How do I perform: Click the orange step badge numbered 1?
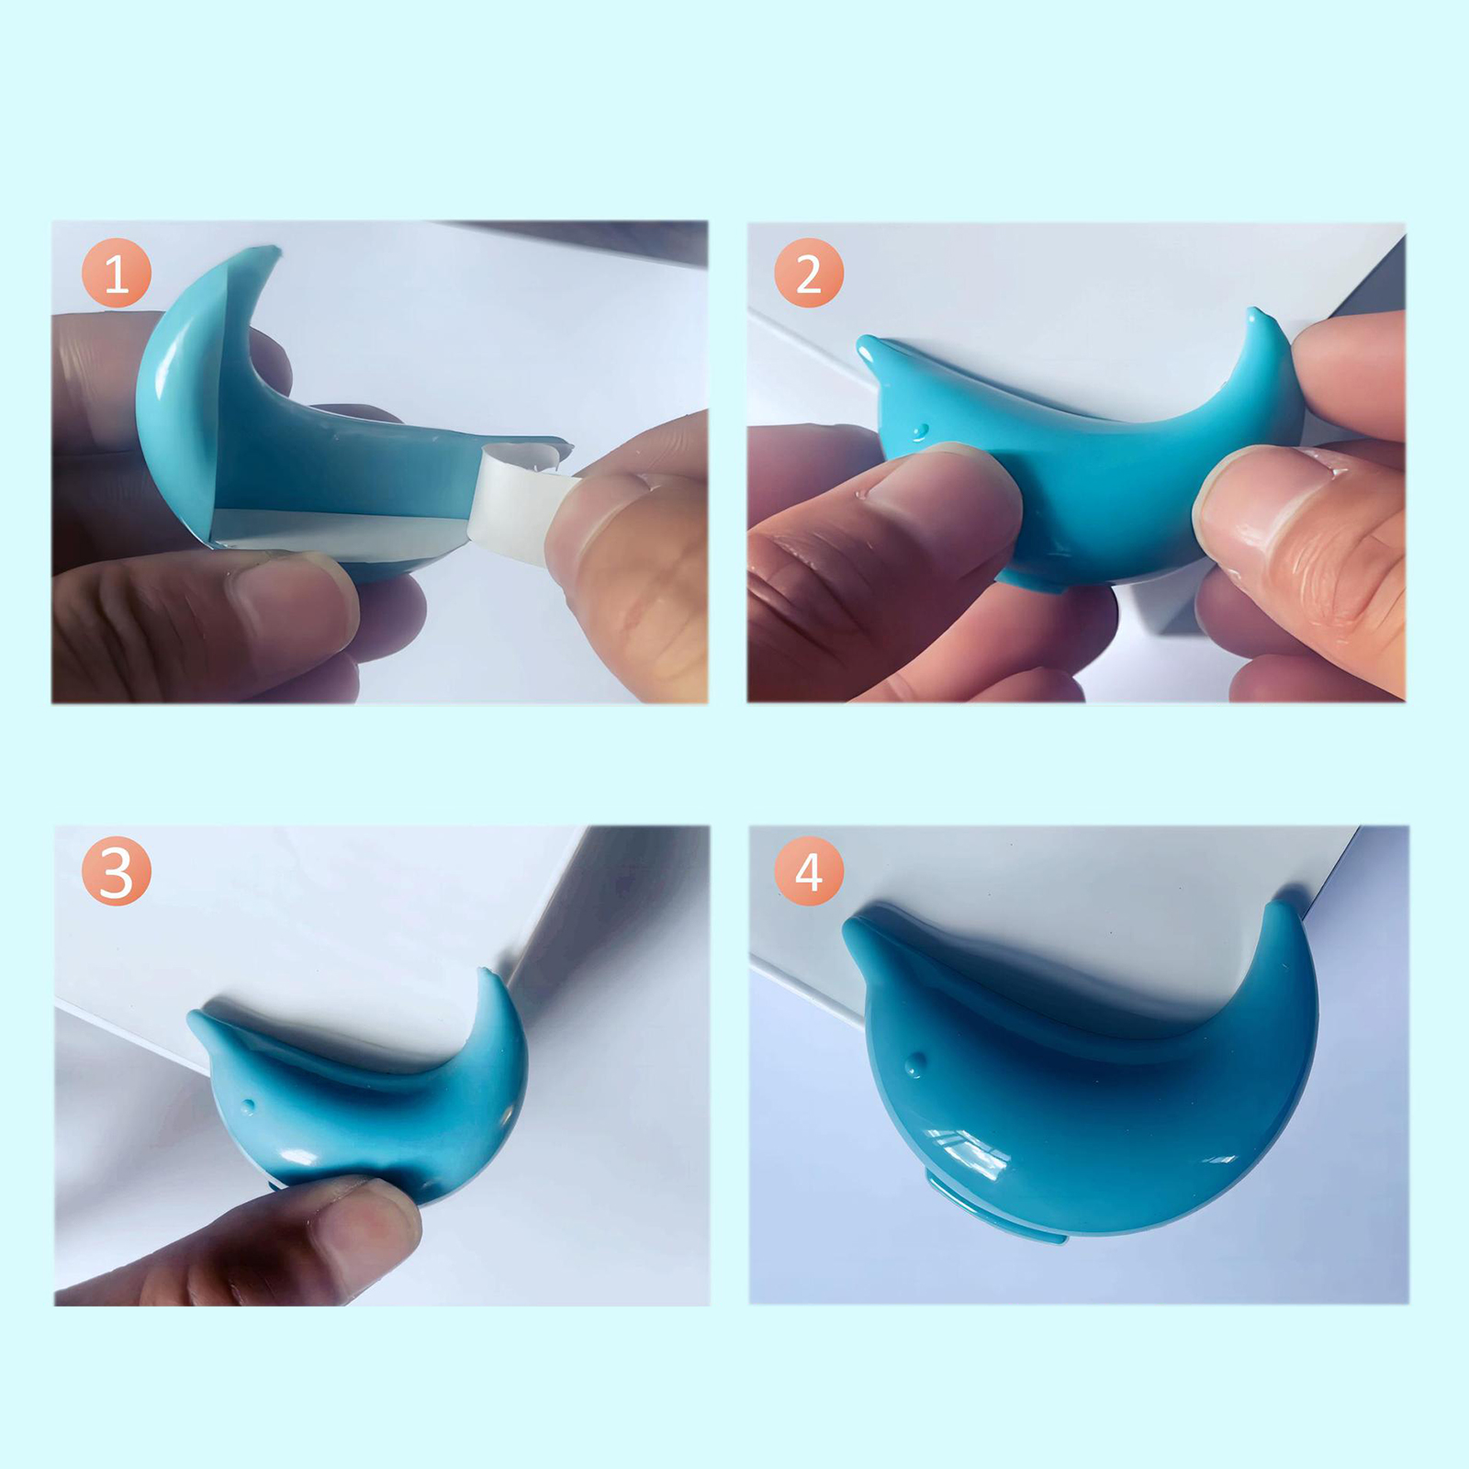click(117, 273)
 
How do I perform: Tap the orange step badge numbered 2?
click(809, 273)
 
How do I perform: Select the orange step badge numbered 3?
click(116, 871)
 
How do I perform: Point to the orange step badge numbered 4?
click(809, 871)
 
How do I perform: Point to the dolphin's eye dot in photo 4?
click(914, 1066)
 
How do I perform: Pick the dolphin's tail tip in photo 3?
click(484, 970)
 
